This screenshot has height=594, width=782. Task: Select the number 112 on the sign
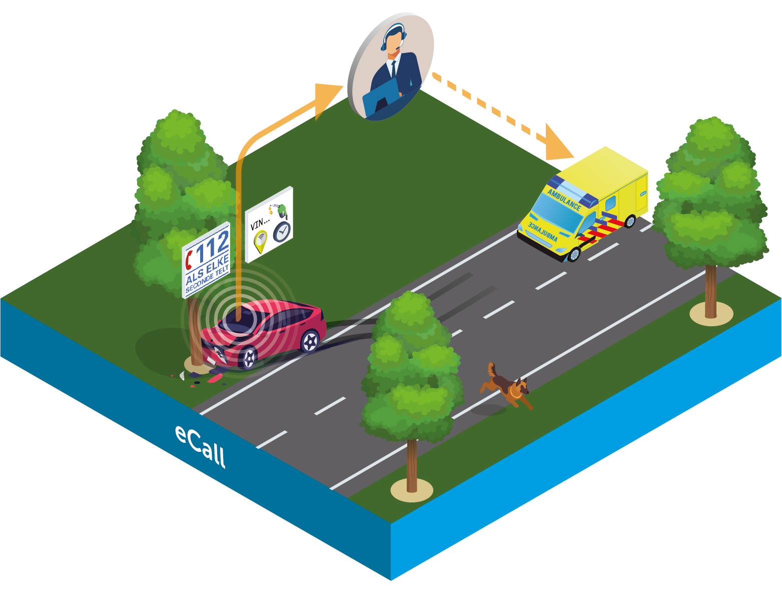coord(213,246)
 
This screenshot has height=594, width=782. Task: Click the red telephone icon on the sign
coord(189,260)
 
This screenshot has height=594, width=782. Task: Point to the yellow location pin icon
coord(260,241)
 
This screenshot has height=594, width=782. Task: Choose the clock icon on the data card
coord(282,231)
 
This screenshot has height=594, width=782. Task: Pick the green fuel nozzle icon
coord(283,210)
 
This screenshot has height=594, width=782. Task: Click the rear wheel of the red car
coord(310,342)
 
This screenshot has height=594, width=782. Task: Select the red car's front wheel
coord(248,357)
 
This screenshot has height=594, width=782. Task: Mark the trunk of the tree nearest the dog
coord(412,465)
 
